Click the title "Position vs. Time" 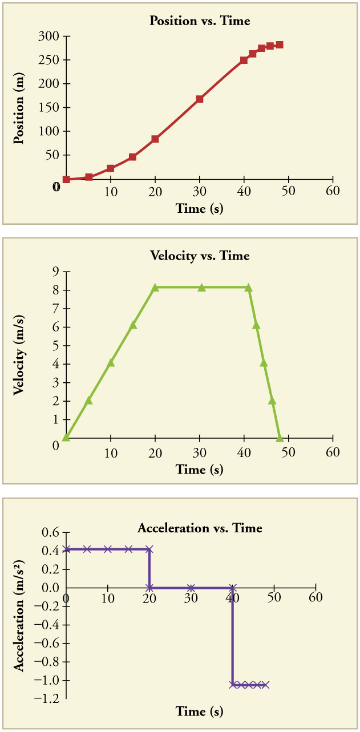pyautogui.click(x=199, y=21)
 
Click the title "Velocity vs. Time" pyautogui.click(x=200, y=256)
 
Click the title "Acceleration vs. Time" pyautogui.click(x=200, y=528)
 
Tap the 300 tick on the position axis pyautogui.click(x=53, y=37)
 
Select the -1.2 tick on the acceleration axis pyautogui.click(x=51, y=698)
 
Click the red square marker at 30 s pyautogui.click(x=200, y=99)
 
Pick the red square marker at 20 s pyautogui.click(x=155, y=139)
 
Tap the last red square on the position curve pyautogui.click(x=279, y=45)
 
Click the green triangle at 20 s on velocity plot pyautogui.click(x=155, y=288)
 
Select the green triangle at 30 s pyautogui.click(x=201, y=288)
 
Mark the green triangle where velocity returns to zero pyautogui.click(x=280, y=438)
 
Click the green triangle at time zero pyautogui.click(x=66, y=438)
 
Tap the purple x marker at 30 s pyautogui.click(x=191, y=588)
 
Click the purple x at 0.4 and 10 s pyautogui.click(x=108, y=549)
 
